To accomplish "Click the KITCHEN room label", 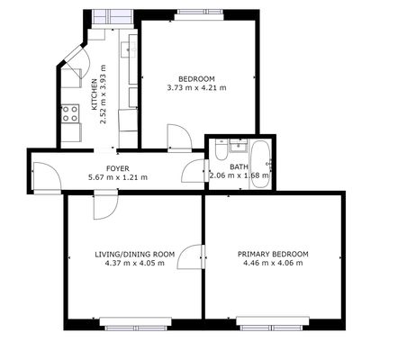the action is tap(95, 94).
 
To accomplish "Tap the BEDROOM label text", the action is tap(196, 79).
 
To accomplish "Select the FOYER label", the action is tap(118, 168).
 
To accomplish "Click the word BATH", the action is tap(239, 166).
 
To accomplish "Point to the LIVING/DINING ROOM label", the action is tap(135, 255).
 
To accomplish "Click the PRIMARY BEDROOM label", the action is tap(273, 254).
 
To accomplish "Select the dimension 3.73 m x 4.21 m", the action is tap(196, 88).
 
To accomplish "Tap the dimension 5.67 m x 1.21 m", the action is tap(118, 177).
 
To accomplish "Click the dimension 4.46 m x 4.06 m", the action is tap(273, 263).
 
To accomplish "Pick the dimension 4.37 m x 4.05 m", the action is tap(135, 264).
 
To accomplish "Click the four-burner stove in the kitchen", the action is tap(70, 113).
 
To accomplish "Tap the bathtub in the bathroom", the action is tap(261, 165).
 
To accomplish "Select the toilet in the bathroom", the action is tap(222, 149).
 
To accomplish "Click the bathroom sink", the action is tap(239, 146).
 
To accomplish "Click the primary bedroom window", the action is tap(273, 324).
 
